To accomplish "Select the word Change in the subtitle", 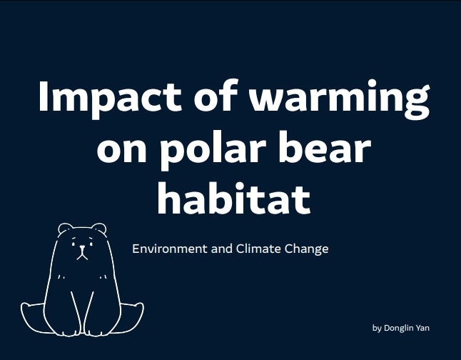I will [x=305, y=249].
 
